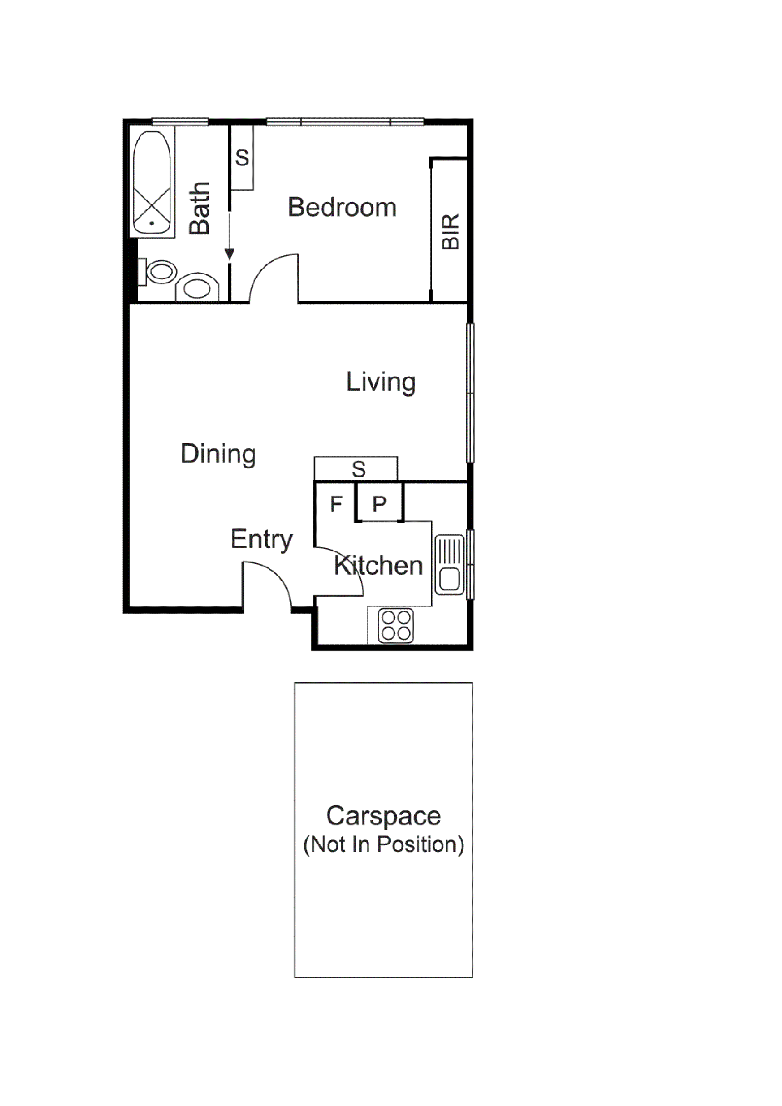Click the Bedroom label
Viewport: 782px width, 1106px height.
point(342,208)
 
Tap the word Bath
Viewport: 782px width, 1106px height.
point(200,208)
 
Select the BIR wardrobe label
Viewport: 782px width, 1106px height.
point(451,232)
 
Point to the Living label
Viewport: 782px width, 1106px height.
point(381,382)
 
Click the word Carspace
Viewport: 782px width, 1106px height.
point(383,816)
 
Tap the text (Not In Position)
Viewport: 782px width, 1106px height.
point(383,844)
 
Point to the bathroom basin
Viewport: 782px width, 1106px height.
point(197,288)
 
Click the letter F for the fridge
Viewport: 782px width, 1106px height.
point(336,504)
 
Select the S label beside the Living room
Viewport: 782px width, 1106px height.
point(359,469)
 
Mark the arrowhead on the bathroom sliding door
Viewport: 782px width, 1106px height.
point(230,254)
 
